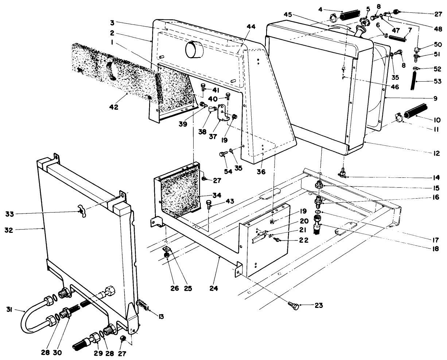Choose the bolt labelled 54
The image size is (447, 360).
[x=222, y=154]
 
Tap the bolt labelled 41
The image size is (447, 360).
[x=203, y=87]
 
